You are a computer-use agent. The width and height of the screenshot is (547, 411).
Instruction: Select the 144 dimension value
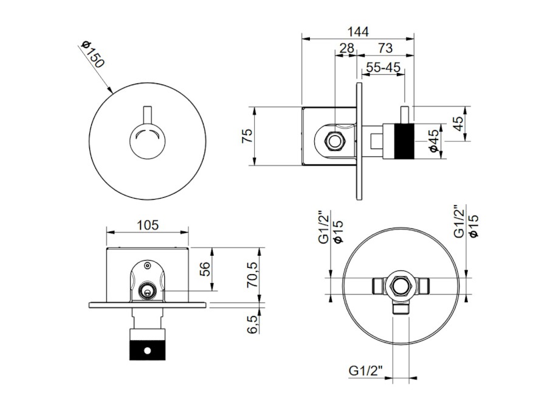(358, 31)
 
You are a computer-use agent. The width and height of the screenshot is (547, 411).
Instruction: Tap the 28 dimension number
(347, 48)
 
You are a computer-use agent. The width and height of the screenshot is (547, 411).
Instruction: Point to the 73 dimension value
(385, 48)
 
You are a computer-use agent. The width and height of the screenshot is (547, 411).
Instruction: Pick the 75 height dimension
(247, 136)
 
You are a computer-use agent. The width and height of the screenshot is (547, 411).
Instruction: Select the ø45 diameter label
(433, 141)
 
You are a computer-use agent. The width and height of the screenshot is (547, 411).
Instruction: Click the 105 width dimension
(147, 225)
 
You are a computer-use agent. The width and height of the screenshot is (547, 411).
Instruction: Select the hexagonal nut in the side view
(334, 142)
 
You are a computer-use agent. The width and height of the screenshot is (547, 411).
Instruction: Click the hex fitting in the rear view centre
(399, 284)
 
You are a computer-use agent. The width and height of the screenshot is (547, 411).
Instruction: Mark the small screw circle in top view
(147, 265)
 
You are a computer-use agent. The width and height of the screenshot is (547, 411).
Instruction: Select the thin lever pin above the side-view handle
(404, 114)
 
